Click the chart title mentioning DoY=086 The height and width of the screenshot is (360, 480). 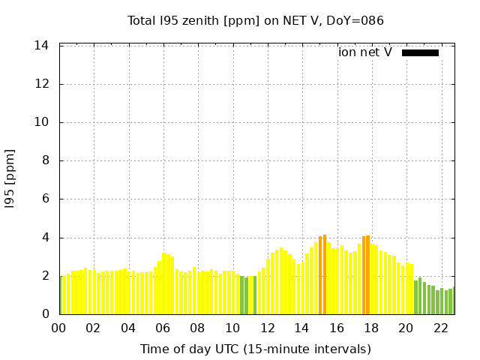pyautogui.click(x=255, y=20)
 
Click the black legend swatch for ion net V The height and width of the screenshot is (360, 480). pyautogui.click(x=420, y=52)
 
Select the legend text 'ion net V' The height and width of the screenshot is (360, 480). pyautogui.click(x=365, y=52)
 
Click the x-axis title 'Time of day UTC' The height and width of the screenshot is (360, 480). pyautogui.click(x=255, y=349)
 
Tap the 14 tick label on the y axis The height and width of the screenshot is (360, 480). pyautogui.click(x=42, y=46)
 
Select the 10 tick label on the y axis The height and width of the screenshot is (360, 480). pyautogui.click(x=42, y=122)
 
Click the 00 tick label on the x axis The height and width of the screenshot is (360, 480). pyautogui.click(x=59, y=328)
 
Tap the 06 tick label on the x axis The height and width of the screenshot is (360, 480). pyautogui.click(x=163, y=328)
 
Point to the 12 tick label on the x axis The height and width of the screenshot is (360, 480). pyautogui.click(x=268, y=328)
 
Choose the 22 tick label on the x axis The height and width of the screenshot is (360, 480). pyautogui.click(x=441, y=328)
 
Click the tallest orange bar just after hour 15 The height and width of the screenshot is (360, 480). pyautogui.click(x=325, y=274)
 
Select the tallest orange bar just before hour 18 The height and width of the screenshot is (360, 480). pyautogui.click(x=367, y=274)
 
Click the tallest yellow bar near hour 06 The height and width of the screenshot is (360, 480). pyautogui.click(x=163, y=283)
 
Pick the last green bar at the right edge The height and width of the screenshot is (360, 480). pyautogui.click(x=454, y=301)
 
